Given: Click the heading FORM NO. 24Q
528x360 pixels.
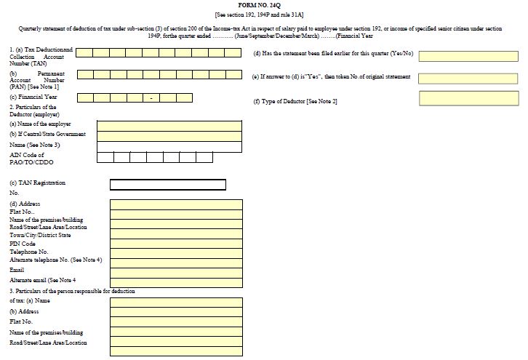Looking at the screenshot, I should [264, 6].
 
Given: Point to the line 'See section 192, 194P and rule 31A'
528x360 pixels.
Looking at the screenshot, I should [264, 15].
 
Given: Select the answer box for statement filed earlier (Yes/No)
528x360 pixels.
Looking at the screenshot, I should [468, 56].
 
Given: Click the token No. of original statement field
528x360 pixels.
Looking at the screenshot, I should [468, 78].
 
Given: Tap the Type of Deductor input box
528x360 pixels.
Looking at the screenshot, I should [468, 98].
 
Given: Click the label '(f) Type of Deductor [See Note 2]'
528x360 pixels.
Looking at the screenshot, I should [295, 100].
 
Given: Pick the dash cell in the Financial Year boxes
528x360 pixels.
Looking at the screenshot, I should [151, 98].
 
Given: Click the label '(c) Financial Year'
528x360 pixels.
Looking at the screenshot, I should [33, 97].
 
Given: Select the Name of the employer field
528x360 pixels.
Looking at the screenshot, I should [169, 124].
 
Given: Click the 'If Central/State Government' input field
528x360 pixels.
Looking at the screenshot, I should [169, 135].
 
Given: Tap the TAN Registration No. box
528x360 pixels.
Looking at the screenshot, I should [167, 184].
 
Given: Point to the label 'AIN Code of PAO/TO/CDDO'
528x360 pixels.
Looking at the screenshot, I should [33, 157].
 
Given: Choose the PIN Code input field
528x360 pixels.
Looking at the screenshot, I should [175, 243].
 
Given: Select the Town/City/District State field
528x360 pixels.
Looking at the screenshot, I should [175, 235].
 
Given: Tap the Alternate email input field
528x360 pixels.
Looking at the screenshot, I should [175, 280].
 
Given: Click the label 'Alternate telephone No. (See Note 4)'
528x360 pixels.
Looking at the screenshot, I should [55, 260].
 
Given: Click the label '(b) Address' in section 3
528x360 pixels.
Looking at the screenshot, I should [24, 311].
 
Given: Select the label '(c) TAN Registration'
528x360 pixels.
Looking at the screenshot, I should [37, 183].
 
